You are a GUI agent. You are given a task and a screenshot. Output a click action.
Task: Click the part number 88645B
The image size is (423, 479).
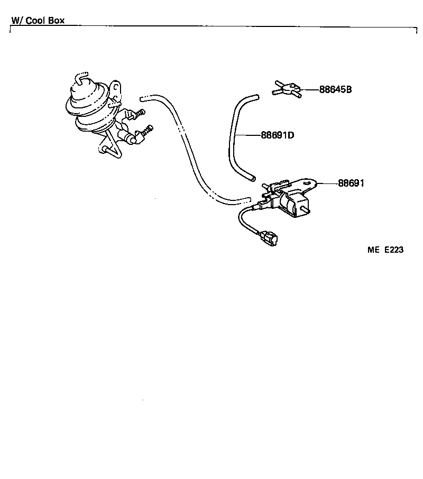click(x=335, y=89)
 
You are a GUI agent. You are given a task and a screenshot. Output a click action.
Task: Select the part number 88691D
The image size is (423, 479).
click(x=277, y=135)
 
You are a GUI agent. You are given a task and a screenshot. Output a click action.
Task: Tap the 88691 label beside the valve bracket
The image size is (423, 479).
click(x=351, y=183)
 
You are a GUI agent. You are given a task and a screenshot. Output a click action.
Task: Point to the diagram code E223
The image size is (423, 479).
click(x=393, y=250)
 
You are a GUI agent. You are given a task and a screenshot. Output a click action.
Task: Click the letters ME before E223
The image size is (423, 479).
click(x=374, y=250)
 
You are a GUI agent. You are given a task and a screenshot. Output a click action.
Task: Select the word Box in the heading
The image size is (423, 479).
click(x=57, y=21)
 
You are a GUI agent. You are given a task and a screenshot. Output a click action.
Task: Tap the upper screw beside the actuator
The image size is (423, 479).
click(x=139, y=113)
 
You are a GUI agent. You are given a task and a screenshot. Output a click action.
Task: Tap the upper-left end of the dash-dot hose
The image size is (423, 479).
click(x=144, y=98)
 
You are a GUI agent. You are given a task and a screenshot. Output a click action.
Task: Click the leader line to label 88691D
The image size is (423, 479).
click(x=247, y=135)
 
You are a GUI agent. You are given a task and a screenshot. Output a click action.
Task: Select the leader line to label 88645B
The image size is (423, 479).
click(x=309, y=89)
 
